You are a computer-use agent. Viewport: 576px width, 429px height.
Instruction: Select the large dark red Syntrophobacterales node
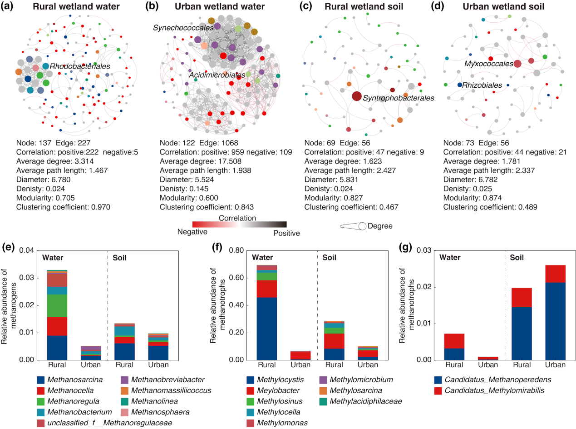pos(356,96)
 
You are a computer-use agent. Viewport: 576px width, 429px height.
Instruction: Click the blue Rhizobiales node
pos(460,85)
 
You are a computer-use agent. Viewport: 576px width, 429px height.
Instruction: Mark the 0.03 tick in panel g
pos(427,251)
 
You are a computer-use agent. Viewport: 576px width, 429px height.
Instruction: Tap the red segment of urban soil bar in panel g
pos(554,274)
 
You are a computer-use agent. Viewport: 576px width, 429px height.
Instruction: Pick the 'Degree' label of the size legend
pos(380,226)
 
